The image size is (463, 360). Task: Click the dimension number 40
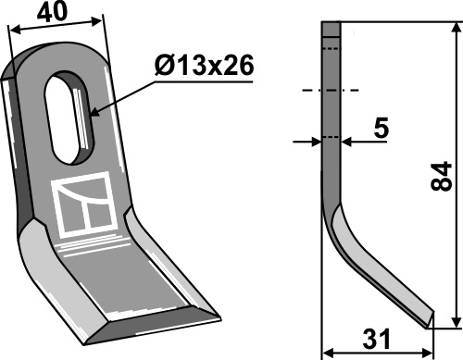[x=52, y=11]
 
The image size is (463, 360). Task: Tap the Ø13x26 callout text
[x=205, y=66]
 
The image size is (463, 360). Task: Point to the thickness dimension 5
[x=381, y=128]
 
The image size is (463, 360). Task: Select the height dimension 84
[x=441, y=176]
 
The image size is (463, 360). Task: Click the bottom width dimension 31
[x=377, y=340]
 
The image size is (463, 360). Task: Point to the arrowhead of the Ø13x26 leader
[x=94, y=112]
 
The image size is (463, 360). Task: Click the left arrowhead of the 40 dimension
[x=15, y=30]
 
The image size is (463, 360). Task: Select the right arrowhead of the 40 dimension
[x=97, y=21]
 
